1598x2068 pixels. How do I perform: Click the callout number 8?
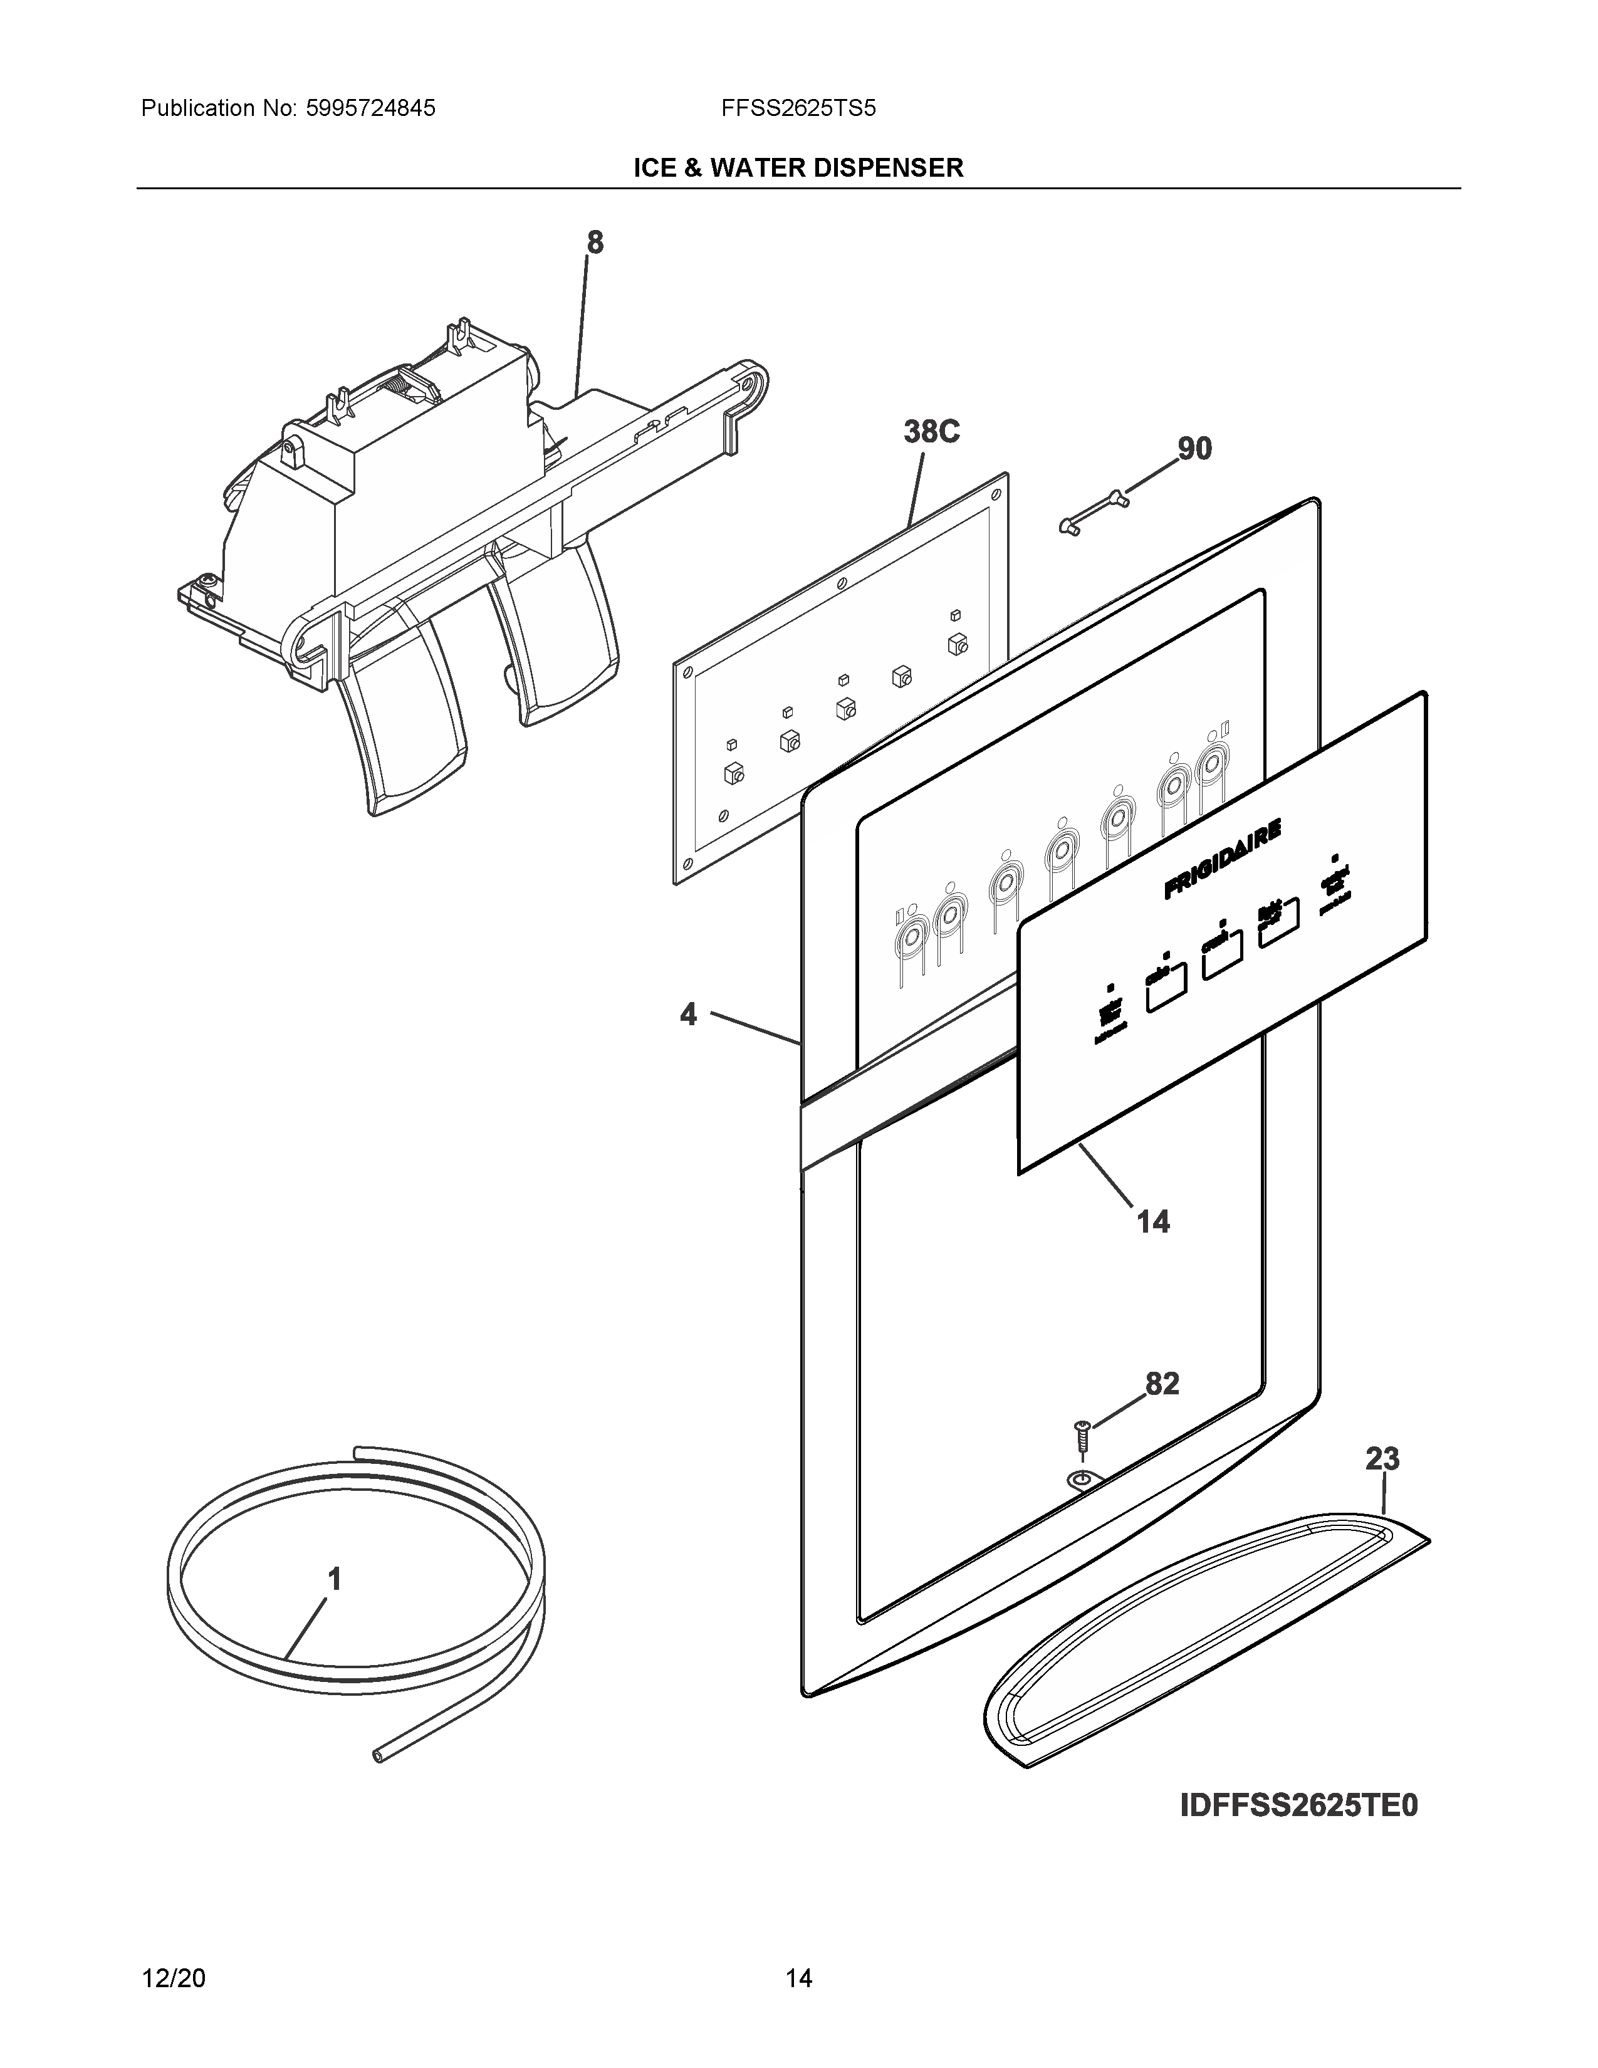pyautogui.click(x=595, y=243)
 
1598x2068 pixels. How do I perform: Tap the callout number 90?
pyautogui.click(x=1194, y=448)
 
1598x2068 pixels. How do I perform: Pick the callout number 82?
pyautogui.click(x=1162, y=1384)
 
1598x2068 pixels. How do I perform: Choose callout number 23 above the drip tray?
pyautogui.click(x=1382, y=1458)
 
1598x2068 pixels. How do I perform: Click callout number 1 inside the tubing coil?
pyautogui.click(x=334, y=1579)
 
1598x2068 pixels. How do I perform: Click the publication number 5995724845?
pyautogui.click(x=370, y=109)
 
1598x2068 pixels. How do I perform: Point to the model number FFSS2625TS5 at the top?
pyautogui.click(x=798, y=109)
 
